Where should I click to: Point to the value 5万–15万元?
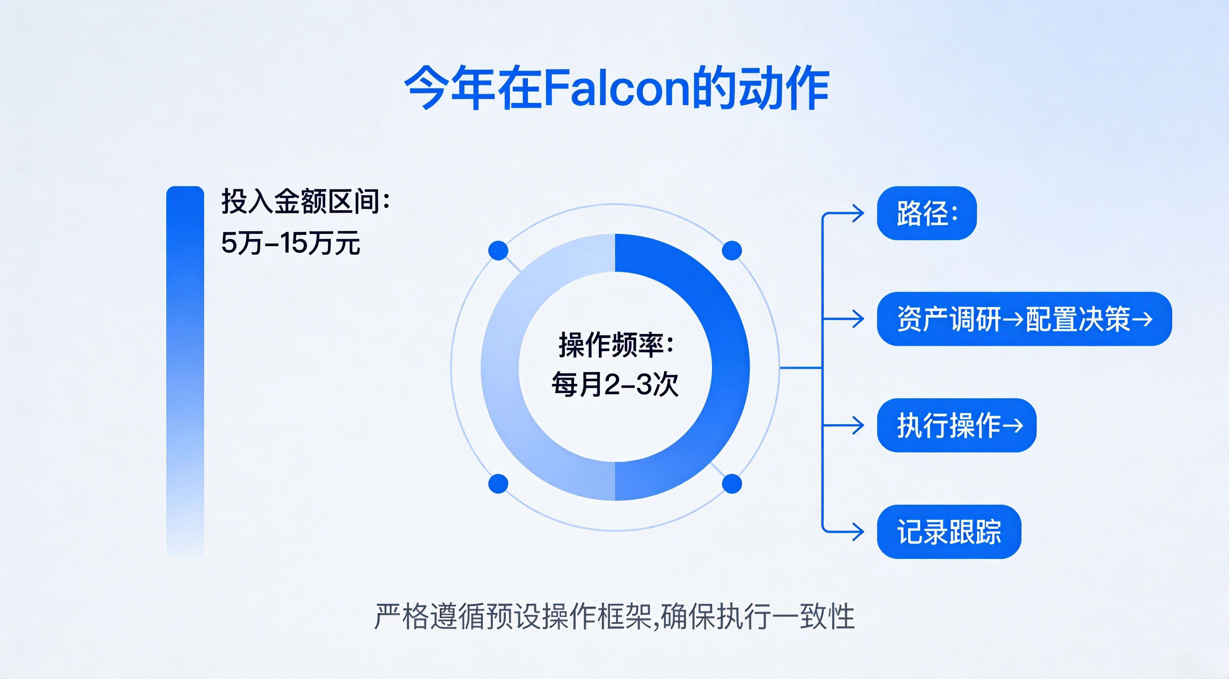click(290, 243)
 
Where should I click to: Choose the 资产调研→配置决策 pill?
click(1024, 319)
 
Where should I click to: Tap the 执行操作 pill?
click(956, 425)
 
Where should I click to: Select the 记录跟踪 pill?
click(949, 532)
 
